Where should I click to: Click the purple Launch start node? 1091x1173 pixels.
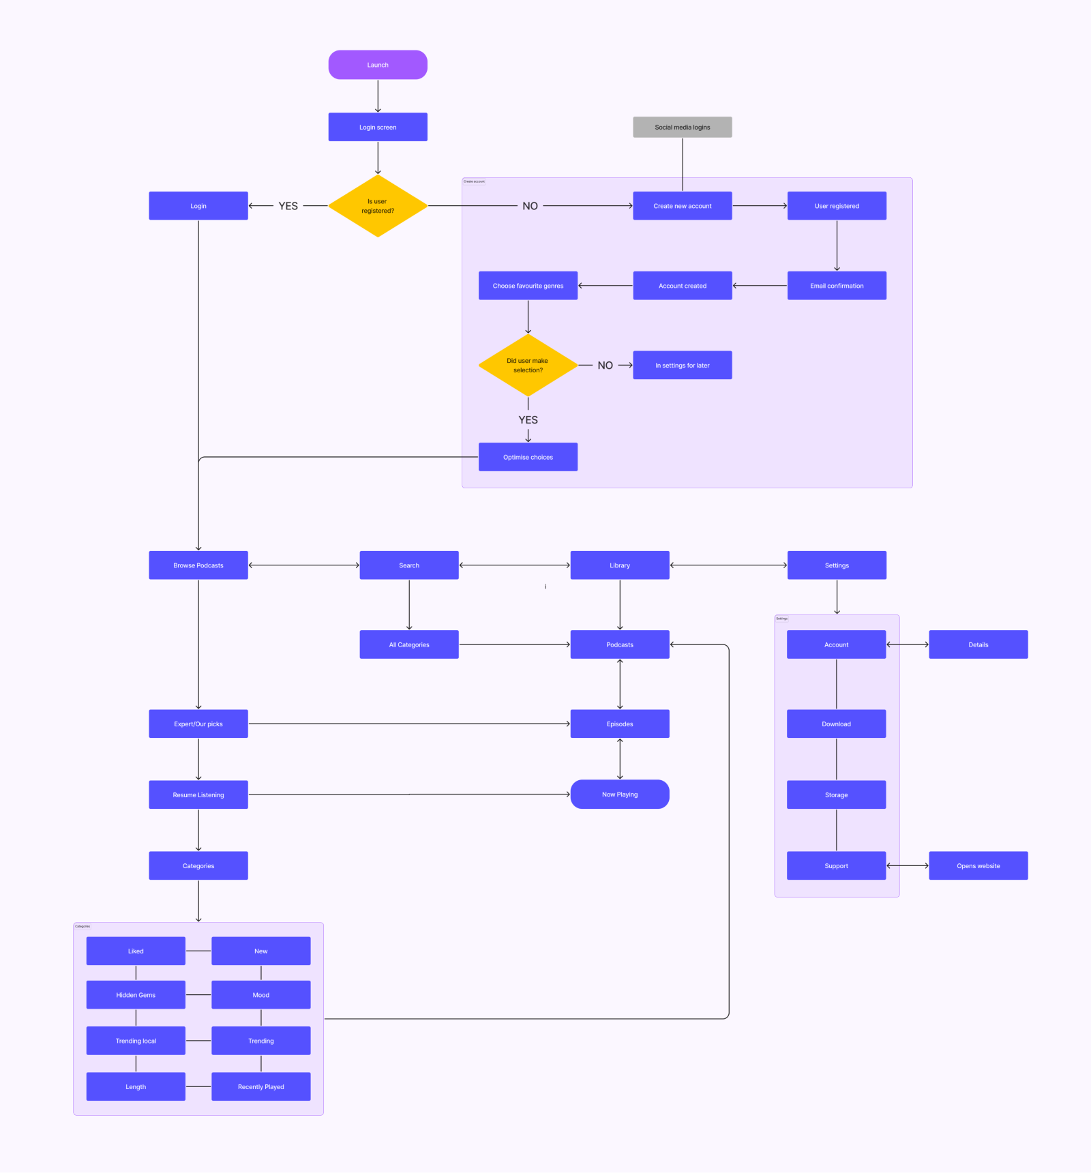(x=378, y=65)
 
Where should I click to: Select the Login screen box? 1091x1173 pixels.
(x=378, y=127)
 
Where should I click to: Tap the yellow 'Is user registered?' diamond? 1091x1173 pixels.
(x=378, y=206)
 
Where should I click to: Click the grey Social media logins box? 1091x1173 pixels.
(x=682, y=127)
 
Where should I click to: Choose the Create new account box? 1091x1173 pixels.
(x=682, y=206)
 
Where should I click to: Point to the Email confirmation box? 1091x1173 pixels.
(x=837, y=286)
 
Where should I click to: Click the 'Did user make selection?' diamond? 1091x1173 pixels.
(x=528, y=366)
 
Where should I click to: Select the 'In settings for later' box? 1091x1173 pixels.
(x=682, y=366)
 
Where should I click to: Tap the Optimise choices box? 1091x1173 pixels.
(x=528, y=457)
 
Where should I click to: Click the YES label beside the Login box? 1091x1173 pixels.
(x=288, y=206)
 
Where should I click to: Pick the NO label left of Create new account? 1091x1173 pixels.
(x=530, y=206)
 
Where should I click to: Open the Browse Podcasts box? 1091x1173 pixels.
(x=198, y=565)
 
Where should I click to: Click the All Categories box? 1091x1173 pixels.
(x=409, y=644)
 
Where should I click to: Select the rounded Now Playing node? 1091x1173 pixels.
(x=620, y=795)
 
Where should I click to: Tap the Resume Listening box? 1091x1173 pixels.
(x=198, y=795)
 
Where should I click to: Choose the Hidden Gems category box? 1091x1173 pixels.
(x=136, y=995)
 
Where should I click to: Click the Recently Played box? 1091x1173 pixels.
(x=261, y=1086)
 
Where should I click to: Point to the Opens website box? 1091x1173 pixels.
(x=978, y=865)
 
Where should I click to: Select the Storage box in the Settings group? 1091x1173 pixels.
(x=836, y=795)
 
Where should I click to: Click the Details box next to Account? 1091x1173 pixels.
(x=978, y=644)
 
